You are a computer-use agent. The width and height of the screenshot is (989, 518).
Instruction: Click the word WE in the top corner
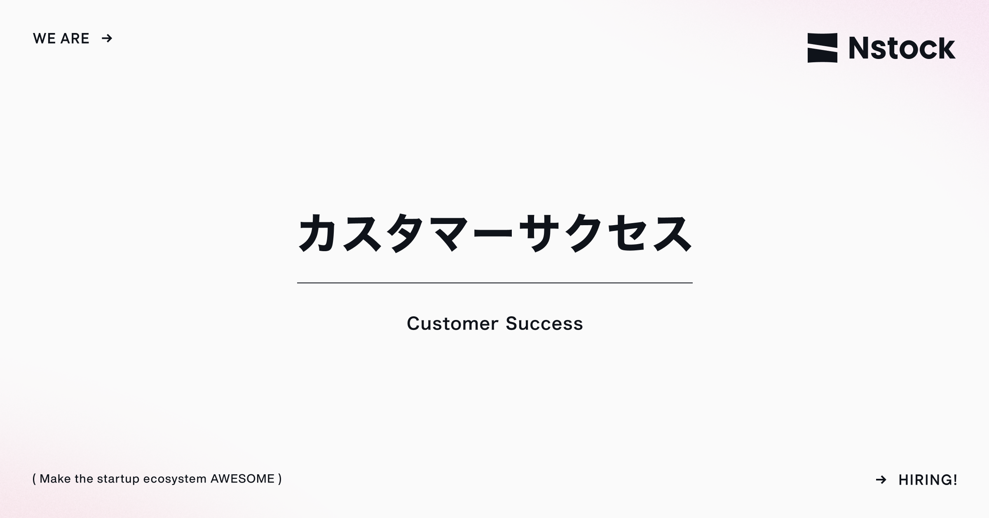pos(44,38)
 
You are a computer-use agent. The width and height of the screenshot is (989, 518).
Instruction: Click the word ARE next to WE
pos(75,38)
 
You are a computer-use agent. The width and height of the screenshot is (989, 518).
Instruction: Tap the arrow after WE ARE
pos(107,38)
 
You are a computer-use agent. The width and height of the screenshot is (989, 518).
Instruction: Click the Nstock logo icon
pos(822,48)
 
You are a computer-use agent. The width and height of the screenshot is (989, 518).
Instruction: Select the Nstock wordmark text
pos(902,48)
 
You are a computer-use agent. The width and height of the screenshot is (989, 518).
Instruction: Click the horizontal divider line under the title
pos(494,283)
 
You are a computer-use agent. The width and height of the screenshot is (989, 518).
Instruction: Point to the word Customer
pos(452,323)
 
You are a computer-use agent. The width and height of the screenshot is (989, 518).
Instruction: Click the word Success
pos(544,323)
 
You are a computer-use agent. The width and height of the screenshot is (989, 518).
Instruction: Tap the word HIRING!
pos(928,480)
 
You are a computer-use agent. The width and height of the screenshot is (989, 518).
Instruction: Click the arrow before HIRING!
pos(881,480)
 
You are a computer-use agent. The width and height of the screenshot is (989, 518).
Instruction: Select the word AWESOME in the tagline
pos(242,479)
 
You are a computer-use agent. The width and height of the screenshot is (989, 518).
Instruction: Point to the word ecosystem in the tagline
pos(175,479)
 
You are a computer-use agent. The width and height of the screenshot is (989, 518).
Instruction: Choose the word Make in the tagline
pos(55,479)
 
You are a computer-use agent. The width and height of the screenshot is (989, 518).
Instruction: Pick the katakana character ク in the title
pos(583,233)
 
